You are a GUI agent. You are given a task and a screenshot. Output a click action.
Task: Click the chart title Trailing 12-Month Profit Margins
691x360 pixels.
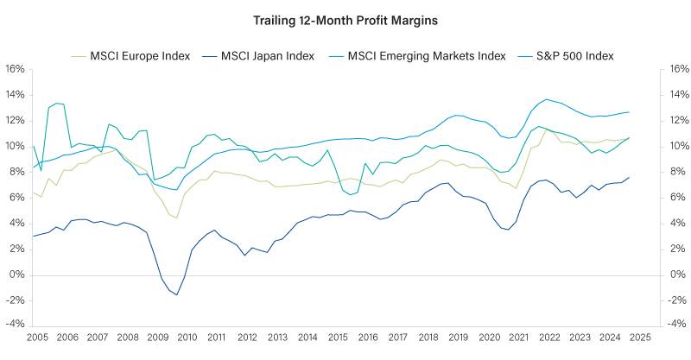[345, 18]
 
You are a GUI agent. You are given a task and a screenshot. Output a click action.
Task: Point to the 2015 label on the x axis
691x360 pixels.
[337, 337]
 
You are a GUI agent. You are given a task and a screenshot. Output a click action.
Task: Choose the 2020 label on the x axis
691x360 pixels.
[489, 337]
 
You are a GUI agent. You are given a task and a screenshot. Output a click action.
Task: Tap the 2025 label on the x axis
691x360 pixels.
[639, 337]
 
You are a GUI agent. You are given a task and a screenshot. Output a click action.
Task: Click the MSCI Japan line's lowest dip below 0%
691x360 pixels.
[177, 295]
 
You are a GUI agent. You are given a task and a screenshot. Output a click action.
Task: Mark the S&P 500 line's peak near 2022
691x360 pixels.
[547, 99]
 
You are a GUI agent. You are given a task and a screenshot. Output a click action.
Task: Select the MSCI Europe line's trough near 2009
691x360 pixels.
[176, 218]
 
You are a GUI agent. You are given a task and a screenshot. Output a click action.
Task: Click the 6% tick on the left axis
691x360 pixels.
[16, 198]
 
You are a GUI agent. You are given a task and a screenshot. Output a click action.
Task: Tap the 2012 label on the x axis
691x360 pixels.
[247, 337]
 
